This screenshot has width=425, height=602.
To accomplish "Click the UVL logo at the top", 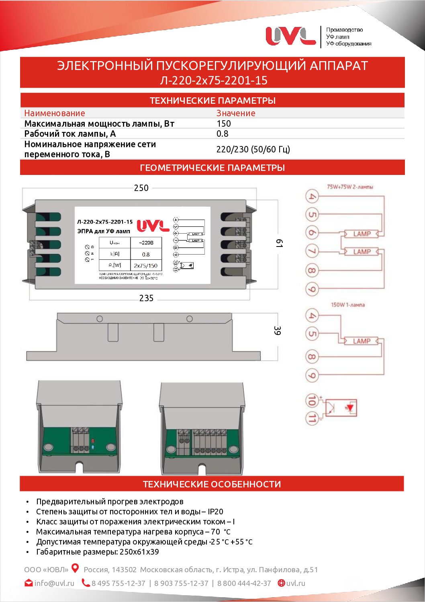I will tap(290, 36).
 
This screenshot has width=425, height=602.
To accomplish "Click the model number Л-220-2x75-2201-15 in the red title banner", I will tap(213, 80).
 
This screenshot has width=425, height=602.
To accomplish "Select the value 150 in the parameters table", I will tap(224, 123).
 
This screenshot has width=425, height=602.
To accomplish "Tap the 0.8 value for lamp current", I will tap(222, 134).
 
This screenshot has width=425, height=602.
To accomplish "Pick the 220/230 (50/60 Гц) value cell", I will tap(253, 149).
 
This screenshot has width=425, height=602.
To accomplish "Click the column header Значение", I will tap(236, 113).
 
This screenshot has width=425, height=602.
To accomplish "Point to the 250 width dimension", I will tap(141, 188).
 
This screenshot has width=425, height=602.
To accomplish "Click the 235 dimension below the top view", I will tap(146, 298).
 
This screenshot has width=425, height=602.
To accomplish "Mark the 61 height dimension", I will tap(279, 243).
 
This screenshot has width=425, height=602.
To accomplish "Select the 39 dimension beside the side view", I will tap(277, 331).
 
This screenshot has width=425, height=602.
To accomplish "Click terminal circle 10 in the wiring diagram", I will tap(312, 401).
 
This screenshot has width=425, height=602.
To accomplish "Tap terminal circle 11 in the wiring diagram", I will tap(312, 418).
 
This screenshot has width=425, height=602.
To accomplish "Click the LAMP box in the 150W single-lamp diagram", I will tap(362, 341).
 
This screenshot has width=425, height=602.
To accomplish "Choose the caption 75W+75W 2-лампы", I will tap(350, 187).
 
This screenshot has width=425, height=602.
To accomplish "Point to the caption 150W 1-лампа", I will tap(348, 305).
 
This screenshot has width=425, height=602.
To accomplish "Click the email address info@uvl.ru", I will tap(54, 583).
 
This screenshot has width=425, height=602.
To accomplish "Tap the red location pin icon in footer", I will tap(75, 568).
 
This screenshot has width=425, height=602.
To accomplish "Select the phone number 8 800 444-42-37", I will tap(244, 583).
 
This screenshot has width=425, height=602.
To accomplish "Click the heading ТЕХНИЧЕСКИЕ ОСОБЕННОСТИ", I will tap(212, 484).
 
